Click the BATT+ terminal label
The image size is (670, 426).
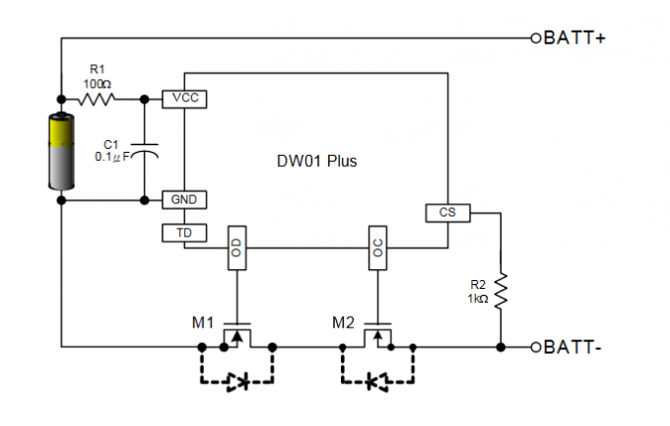click(574, 38)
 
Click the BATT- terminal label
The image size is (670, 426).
click(572, 347)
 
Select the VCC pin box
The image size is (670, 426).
click(184, 99)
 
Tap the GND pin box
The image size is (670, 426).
click(184, 199)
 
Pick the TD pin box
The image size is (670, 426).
click(184, 233)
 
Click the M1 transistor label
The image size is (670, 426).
click(203, 322)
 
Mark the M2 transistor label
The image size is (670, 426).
click(343, 322)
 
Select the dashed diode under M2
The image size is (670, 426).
click(377, 381)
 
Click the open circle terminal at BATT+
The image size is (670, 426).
click(536, 38)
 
